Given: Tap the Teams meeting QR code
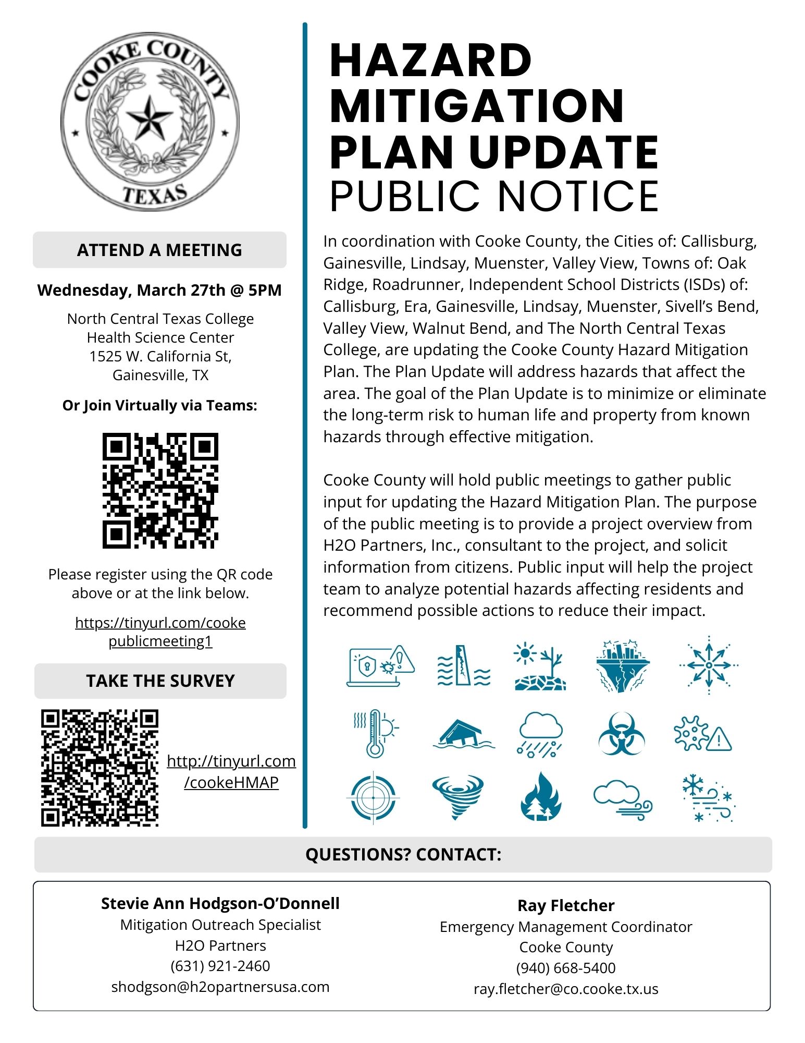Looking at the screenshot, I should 160,490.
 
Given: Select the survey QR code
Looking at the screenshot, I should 100,768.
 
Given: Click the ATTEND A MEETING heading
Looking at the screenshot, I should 159,250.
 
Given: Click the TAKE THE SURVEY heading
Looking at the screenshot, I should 160,681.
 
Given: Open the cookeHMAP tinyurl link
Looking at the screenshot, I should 231,772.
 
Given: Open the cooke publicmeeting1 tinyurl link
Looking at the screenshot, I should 160,632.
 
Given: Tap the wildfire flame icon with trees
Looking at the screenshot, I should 541,796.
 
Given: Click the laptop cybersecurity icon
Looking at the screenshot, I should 380,666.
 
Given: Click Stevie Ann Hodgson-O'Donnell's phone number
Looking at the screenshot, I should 220,966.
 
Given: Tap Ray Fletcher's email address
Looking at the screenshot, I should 566,989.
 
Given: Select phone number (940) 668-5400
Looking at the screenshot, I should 566,968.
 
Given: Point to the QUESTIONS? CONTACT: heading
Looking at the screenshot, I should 403,855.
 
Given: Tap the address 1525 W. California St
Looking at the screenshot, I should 160,356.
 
